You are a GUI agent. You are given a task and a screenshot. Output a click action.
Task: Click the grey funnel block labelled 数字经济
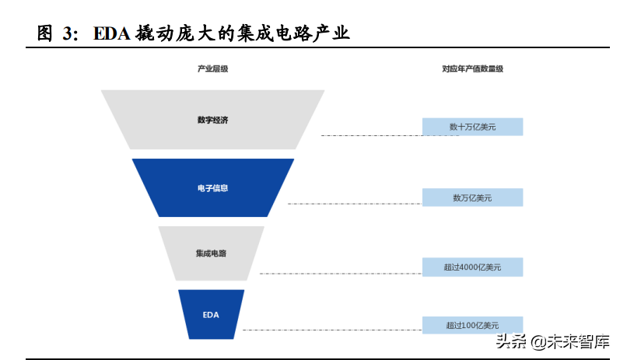click(x=212, y=119)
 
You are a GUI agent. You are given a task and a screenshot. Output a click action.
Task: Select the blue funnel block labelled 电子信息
click(x=212, y=187)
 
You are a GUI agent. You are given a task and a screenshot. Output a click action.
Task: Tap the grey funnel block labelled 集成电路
click(x=212, y=253)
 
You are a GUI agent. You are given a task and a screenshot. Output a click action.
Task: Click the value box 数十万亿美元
click(x=472, y=126)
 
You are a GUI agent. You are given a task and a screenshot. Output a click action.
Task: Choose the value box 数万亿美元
click(x=472, y=197)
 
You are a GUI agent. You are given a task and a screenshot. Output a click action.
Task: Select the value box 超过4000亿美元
click(x=472, y=267)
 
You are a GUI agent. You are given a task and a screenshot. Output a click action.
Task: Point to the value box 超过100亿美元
click(x=472, y=325)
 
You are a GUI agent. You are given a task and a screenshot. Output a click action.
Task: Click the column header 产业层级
click(x=212, y=68)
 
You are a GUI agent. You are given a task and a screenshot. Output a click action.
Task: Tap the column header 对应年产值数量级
click(x=472, y=68)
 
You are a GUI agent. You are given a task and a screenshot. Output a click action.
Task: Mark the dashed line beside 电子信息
click(x=354, y=204)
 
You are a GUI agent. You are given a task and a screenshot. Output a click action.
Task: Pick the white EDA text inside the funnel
click(x=211, y=315)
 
